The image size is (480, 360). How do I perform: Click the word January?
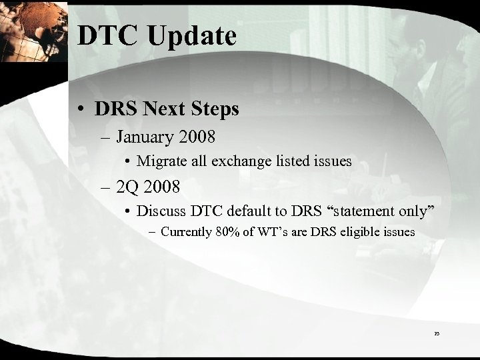(145, 138)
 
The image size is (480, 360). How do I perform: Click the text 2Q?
(126, 186)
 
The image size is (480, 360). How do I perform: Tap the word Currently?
(191, 233)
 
